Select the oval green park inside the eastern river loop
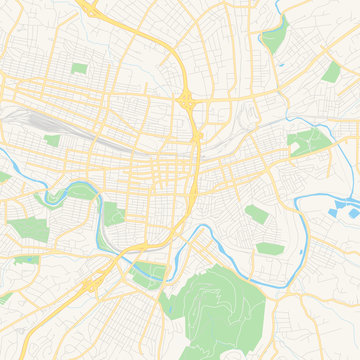pos(257,212)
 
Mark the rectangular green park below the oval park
pos(269,247)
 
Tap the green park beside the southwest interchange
pos(148,273)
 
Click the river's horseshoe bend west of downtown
pos(72,188)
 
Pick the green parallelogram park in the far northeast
pos(330,71)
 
